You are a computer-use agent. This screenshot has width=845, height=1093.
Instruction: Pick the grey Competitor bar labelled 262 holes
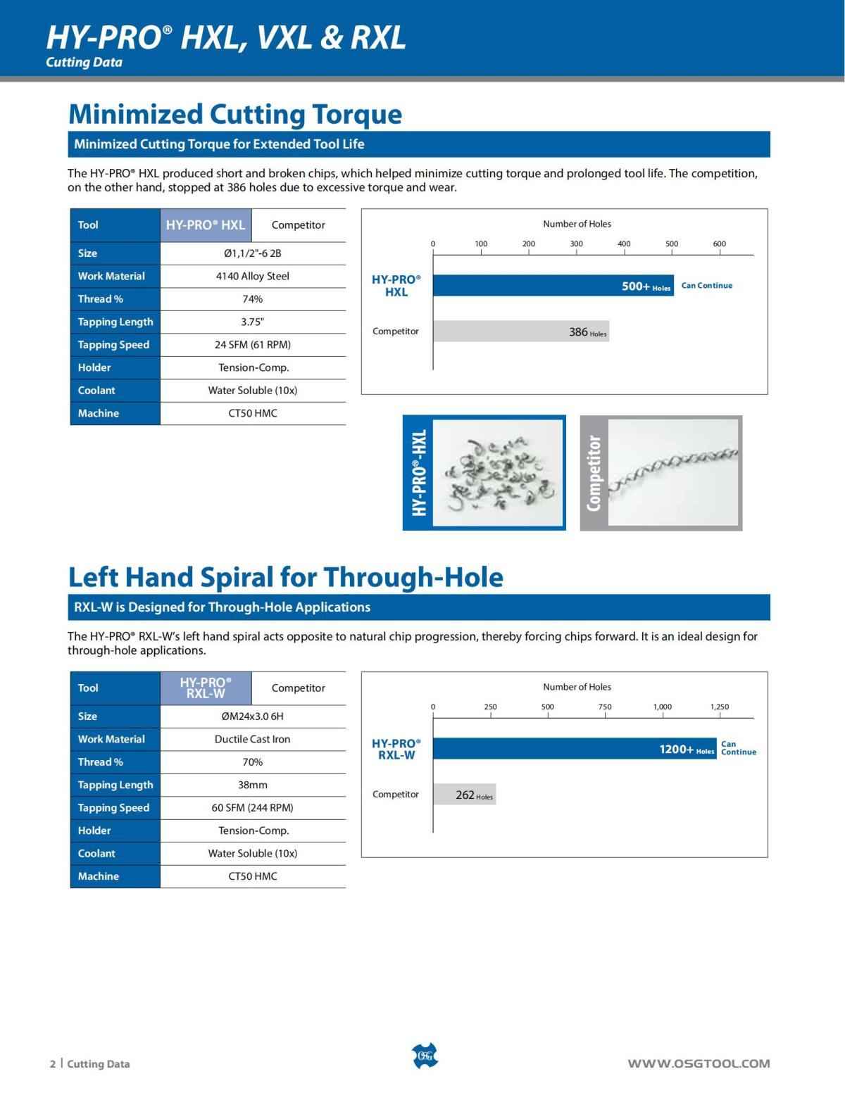pos(464,795)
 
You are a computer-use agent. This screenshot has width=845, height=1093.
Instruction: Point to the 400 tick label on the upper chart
pos(624,244)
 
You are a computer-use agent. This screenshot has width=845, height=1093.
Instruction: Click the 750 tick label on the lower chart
pos(605,707)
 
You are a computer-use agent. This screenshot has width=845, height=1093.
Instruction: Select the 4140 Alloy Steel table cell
pos(252,276)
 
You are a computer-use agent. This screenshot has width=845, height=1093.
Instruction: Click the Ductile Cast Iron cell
pos(252,739)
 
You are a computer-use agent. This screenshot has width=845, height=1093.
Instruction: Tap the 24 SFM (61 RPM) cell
pos(252,345)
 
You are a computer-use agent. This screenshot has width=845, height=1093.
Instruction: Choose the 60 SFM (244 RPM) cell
pos(252,808)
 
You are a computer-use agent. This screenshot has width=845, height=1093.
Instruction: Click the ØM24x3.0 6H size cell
pos(252,716)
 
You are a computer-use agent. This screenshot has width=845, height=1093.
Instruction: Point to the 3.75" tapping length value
pos(252,322)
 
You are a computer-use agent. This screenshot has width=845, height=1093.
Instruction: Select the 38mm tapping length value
pos(252,785)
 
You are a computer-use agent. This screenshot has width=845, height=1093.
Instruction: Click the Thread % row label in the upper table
pos(101,299)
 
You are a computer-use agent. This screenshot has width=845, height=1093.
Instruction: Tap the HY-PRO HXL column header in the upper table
pos(206,225)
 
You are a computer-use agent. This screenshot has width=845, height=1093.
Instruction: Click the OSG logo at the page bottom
pos(424,1056)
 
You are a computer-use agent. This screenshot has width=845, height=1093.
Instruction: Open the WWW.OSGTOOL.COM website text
pos(699,1063)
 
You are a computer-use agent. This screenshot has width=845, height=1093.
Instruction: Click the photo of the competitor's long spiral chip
pos(672,472)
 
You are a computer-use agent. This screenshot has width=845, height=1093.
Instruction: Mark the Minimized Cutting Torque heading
pos(235,114)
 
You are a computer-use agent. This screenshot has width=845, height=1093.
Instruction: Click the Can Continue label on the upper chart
pos(706,286)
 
